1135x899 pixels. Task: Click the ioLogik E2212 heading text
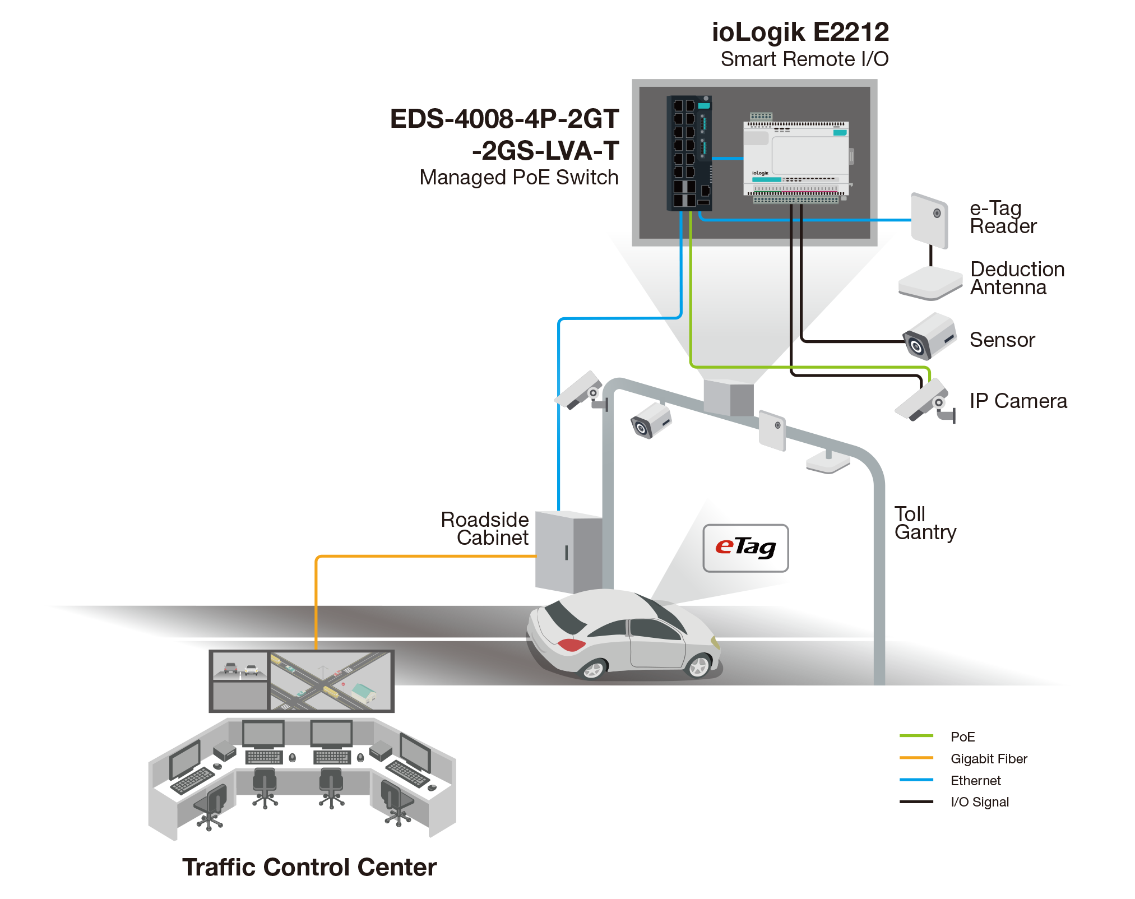tap(800, 33)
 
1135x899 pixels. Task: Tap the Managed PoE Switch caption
tap(519, 178)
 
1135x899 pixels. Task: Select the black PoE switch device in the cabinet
tap(689, 153)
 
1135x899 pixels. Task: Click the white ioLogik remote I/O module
tap(796, 159)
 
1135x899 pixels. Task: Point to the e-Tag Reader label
tap(1003, 217)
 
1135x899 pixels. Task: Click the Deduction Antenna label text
tap(1017, 278)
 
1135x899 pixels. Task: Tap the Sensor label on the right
tap(1002, 340)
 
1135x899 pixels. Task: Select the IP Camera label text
tap(1018, 401)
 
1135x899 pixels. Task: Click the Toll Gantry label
tap(925, 523)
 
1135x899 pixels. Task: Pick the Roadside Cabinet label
tap(485, 528)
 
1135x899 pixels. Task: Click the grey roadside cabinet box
tap(567, 552)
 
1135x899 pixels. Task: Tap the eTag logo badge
tap(745, 548)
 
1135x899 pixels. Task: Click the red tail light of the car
tap(571, 645)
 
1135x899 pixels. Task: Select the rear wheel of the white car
tap(593, 669)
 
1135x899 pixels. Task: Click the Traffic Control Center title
tap(309, 866)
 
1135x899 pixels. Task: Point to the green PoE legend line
tap(916, 735)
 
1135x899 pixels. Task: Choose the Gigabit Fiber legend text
tap(989, 758)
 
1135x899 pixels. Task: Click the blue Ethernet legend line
tap(916, 780)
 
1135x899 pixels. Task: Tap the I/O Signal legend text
tap(980, 802)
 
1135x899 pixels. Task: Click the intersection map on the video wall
tap(330, 681)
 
